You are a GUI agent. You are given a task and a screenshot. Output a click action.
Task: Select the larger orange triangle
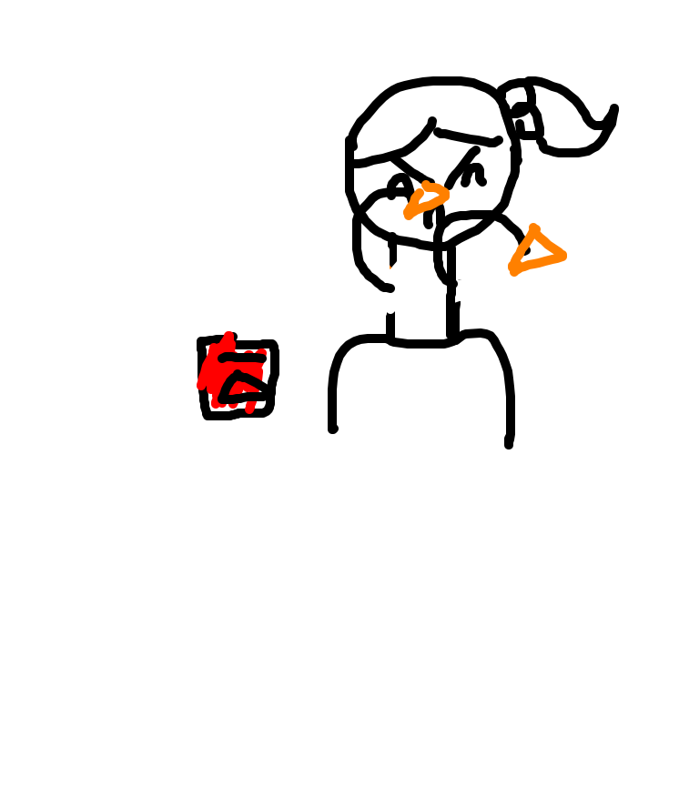pos(536,251)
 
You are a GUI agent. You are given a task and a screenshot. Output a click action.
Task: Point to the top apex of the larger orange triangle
pos(533,228)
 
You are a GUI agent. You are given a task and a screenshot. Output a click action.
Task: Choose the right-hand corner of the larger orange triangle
pos(562,256)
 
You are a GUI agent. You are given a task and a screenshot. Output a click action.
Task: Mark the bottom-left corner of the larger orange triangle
pos(514,269)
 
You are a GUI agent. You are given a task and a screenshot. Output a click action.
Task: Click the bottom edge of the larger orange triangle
pos(539,263)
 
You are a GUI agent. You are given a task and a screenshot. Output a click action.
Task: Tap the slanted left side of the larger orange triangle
pos(522,248)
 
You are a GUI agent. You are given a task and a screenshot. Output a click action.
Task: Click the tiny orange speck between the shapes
pos(390,267)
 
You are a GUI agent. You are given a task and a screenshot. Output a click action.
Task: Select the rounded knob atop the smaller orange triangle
pos(426,185)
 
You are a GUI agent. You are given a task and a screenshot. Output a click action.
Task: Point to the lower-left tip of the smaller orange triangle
pos(409,215)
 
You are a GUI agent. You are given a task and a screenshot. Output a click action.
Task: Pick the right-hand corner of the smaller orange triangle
pos(445,192)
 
